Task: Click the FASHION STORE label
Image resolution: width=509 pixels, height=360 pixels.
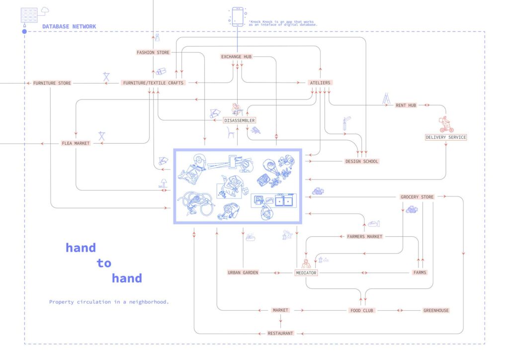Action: [x=153, y=52]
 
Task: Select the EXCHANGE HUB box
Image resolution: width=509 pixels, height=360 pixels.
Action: [x=237, y=57]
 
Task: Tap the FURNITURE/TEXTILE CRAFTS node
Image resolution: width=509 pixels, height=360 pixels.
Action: [x=153, y=83]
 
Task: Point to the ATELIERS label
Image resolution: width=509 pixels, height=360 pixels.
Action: [x=320, y=83]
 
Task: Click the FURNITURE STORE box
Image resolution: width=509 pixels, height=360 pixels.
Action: [x=52, y=83]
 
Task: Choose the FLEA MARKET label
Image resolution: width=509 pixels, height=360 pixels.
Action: [x=76, y=143]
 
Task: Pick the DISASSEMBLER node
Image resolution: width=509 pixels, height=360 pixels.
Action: [x=240, y=120]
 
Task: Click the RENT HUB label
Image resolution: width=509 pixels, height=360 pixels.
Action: [x=406, y=105]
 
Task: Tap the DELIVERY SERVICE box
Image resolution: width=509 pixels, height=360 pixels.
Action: [x=446, y=137]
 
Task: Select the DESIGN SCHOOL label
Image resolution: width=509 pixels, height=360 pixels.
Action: [x=362, y=161]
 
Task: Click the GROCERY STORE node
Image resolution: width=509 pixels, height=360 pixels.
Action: [x=418, y=197]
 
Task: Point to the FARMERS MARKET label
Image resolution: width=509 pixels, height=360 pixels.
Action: [x=365, y=237]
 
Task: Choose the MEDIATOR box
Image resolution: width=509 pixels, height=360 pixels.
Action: [x=306, y=273]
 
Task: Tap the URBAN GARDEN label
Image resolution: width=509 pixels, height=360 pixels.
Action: [x=243, y=273]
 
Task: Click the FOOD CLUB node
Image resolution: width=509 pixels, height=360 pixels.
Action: [x=361, y=310]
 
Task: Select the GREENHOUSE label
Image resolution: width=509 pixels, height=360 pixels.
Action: [x=436, y=310]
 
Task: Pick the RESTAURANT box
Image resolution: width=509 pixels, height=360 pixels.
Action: [x=280, y=333]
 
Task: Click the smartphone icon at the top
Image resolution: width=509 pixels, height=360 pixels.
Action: [x=238, y=16]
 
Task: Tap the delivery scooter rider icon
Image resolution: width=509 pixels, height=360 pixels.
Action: [x=446, y=124]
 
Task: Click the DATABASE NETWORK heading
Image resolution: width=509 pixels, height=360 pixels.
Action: [x=69, y=26]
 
